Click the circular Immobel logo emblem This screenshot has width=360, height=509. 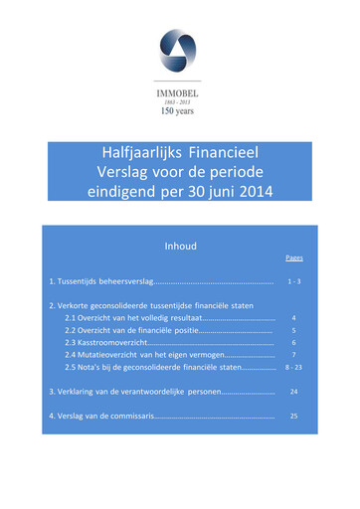179,51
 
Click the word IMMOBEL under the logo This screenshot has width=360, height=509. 179,87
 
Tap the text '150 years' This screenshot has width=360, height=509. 179,111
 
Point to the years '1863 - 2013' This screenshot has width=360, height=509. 179,99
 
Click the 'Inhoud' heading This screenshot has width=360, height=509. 180,246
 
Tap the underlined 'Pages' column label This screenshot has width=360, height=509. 293,258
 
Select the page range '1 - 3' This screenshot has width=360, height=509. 293,282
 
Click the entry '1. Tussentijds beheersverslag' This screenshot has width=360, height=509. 99,282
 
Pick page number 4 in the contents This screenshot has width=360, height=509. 293,317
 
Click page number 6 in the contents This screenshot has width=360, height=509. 293,342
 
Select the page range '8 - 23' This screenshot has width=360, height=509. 293,368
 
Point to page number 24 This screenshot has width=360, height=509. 293,392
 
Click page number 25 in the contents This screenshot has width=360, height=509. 293,416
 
